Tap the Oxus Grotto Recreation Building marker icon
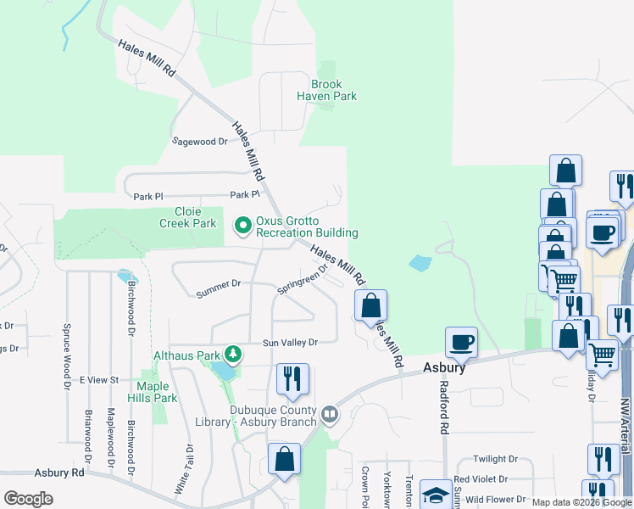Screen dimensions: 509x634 (242, 225)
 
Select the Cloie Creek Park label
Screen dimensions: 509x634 (188, 217)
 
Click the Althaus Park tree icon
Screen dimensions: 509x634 (231, 354)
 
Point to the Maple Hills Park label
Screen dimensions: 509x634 (157, 392)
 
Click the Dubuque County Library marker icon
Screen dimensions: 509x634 (330, 416)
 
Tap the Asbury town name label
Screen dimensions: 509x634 (444, 368)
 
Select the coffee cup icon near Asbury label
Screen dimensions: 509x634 (461, 342)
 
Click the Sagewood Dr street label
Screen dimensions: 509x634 (200, 142)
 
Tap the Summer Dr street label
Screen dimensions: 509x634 (219, 289)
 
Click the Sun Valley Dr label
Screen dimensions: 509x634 (289, 343)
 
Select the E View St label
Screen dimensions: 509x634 (98, 380)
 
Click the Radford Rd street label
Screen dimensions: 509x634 (443, 406)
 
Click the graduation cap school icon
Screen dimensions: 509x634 (436, 495)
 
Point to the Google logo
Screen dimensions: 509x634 (28, 498)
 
